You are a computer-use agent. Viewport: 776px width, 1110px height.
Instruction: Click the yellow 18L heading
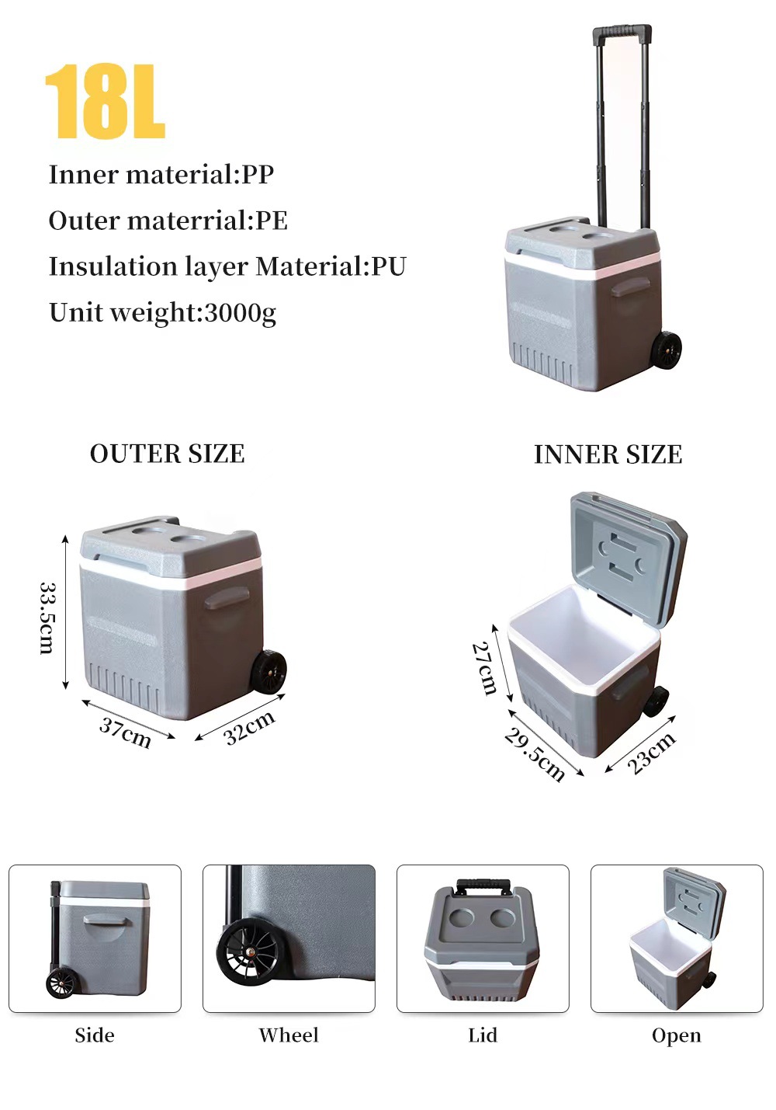pyautogui.click(x=106, y=102)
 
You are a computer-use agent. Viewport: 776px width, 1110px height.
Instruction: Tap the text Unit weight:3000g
pyautogui.click(x=162, y=312)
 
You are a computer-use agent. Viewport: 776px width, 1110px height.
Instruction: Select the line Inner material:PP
pyautogui.click(x=161, y=175)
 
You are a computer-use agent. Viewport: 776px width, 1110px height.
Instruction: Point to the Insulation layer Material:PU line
pyautogui.click(x=227, y=266)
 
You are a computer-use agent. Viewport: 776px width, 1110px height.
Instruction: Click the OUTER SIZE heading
pyautogui.click(x=168, y=454)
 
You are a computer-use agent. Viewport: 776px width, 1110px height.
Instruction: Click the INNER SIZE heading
pyautogui.click(x=608, y=454)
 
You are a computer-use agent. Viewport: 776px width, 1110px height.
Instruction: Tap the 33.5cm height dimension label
pyautogui.click(x=47, y=618)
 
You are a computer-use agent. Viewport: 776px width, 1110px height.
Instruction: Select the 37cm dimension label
pyautogui.click(x=126, y=732)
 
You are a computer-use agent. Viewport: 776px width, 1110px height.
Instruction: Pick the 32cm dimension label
pyautogui.click(x=249, y=728)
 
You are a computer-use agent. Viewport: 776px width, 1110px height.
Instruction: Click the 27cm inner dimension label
pyautogui.click(x=485, y=668)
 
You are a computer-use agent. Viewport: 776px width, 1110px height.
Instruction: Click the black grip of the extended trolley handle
pyautogui.click(x=622, y=33)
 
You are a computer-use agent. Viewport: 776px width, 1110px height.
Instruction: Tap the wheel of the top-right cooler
pyautogui.click(x=666, y=350)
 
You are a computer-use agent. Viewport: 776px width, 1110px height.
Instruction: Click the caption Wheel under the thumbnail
pyautogui.click(x=289, y=1035)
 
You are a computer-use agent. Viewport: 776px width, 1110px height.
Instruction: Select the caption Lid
pyautogui.click(x=483, y=1035)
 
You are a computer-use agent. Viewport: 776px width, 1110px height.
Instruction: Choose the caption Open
pyautogui.click(x=677, y=1035)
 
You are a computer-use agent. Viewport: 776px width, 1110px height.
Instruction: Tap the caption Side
pyautogui.click(x=95, y=1035)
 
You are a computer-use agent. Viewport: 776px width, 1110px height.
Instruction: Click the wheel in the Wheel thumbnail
pyautogui.click(x=248, y=953)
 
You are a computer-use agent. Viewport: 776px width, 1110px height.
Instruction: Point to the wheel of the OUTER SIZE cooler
pyautogui.click(x=269, y=672)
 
